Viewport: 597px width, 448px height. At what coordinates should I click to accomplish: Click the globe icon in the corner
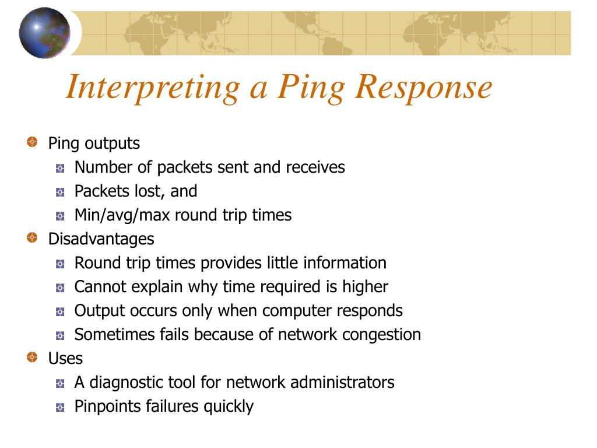(x=44, y=33)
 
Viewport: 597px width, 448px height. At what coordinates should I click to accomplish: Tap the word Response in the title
(x=424, y=87)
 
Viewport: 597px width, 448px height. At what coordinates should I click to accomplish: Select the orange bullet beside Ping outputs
(x=32, y=142)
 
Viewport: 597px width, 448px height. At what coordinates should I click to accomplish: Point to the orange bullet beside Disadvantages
(x=32, y=237)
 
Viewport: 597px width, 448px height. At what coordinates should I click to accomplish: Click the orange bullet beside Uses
(x=32, y=356)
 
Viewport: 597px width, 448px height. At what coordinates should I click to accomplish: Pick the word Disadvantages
(x=101, y=239)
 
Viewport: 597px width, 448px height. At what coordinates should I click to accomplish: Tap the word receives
(x=315, y=167)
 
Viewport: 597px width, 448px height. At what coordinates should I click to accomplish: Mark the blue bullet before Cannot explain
(x=60, y=288)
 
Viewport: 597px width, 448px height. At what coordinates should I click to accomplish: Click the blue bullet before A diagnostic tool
(x=60, y=383)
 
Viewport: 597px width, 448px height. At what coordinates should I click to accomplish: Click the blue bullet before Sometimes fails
(x=60, y=335)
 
